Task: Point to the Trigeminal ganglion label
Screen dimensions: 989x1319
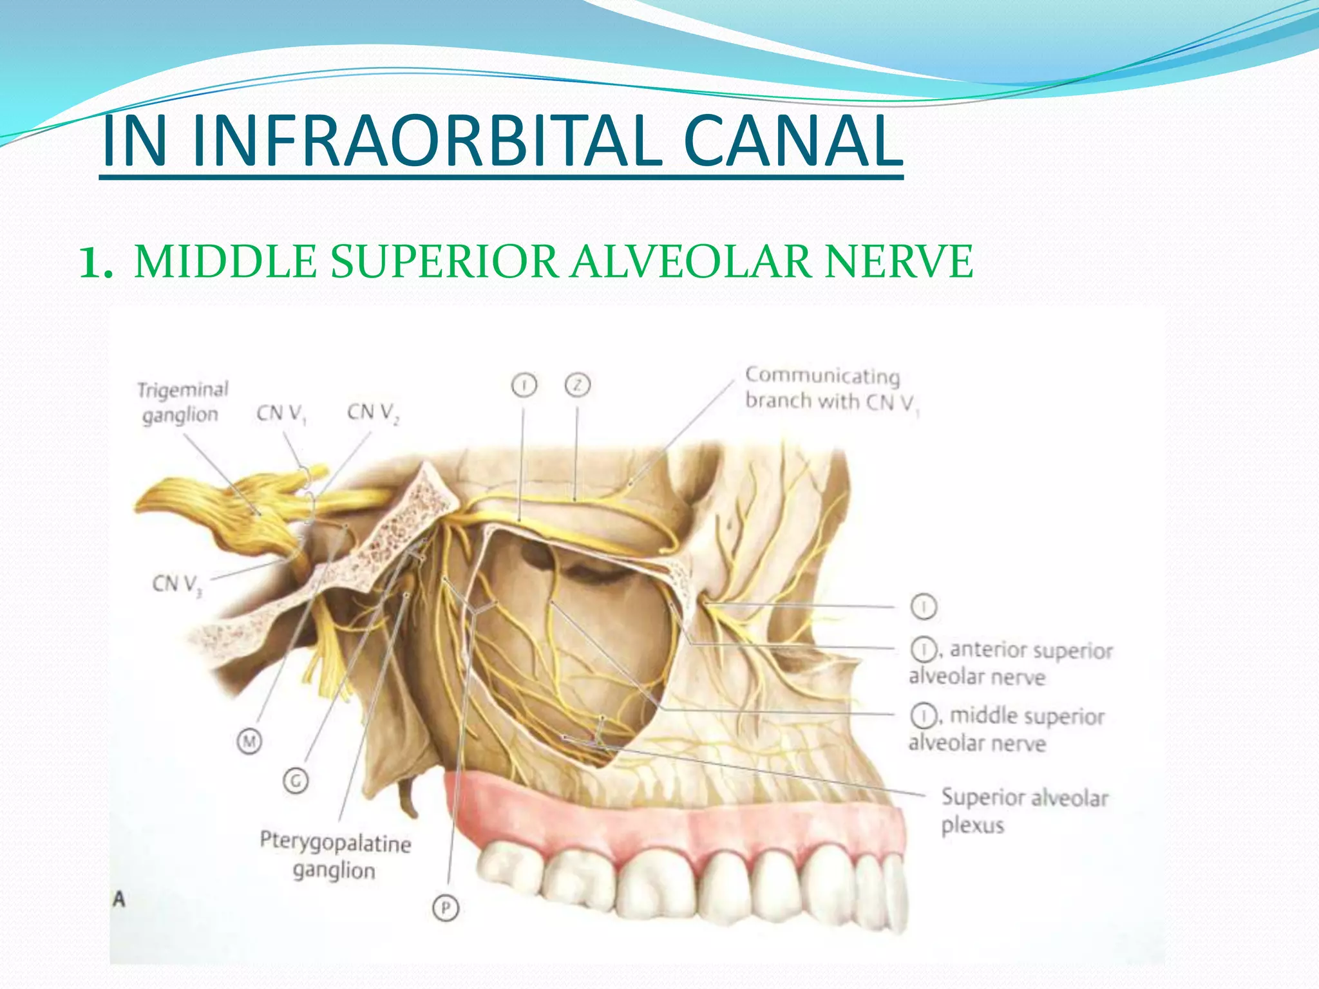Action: [182, 402]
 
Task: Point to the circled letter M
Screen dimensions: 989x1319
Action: [249, 742]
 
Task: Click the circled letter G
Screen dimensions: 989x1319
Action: [296, 781]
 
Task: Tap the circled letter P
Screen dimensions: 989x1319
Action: [446, 908]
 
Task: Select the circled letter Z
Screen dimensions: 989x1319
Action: [578, 385]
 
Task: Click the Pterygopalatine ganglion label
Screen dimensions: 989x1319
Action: [335, 856]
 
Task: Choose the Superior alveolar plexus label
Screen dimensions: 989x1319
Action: [1024, 811]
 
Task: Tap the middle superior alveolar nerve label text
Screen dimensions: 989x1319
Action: [1008, 730]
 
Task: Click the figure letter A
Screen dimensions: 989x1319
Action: [119, 899]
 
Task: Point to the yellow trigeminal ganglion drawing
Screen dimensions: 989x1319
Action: [219, 509]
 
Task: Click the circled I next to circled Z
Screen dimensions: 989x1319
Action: [524, 385]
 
